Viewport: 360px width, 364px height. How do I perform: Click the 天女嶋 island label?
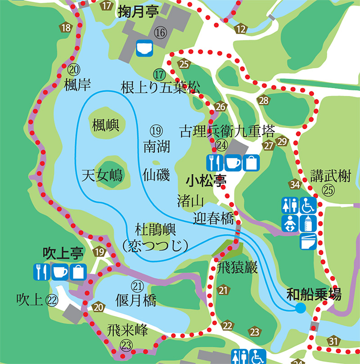point(103,174)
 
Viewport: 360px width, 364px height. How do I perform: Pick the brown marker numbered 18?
point(66,27)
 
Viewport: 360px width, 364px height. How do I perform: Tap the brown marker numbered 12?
point(241,30)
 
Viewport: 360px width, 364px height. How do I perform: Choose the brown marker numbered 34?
point(295,184)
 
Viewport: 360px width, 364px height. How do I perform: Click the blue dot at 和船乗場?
point(300,308)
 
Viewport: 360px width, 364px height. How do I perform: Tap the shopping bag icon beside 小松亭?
point(252,162)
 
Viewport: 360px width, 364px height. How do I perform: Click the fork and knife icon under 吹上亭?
point(41,272)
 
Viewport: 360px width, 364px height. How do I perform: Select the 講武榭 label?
point(330,175)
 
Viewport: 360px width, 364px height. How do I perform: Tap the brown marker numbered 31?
point(333,341)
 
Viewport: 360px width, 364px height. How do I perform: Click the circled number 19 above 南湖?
point(155,131)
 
